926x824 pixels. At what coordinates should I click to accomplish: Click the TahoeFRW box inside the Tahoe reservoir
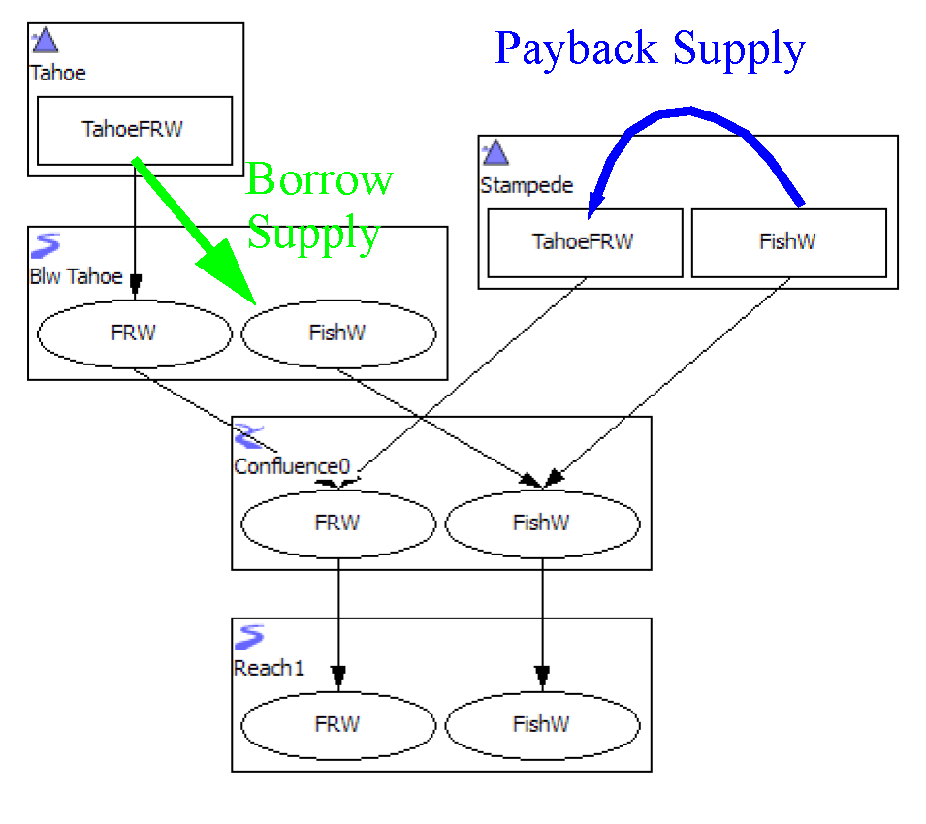[134, 130]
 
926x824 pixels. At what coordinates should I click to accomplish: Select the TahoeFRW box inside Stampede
[584, 241]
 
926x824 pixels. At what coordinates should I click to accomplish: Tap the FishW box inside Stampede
[787, 241]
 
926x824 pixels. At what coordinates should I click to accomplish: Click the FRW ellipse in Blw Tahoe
[134, 333]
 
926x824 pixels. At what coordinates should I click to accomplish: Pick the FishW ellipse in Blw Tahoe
[337, 333]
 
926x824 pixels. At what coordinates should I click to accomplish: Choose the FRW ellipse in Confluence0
[337, 523]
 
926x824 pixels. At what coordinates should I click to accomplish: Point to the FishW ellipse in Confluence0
[541, 523]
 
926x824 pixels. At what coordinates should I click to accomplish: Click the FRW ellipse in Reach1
[337, 724]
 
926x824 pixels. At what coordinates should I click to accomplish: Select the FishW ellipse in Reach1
[541, 724]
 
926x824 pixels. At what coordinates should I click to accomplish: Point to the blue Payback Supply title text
[650, 48]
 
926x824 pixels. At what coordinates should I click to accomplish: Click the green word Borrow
[319, 179]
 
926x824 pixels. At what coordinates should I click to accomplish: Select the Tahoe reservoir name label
[58, 73]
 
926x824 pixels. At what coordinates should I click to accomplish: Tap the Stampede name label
[527, 185]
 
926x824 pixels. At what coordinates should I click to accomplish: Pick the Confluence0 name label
[292, 466]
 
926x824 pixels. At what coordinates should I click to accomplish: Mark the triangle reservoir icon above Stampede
[495, 152]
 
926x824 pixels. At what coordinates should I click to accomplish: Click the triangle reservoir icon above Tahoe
[46, 40]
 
